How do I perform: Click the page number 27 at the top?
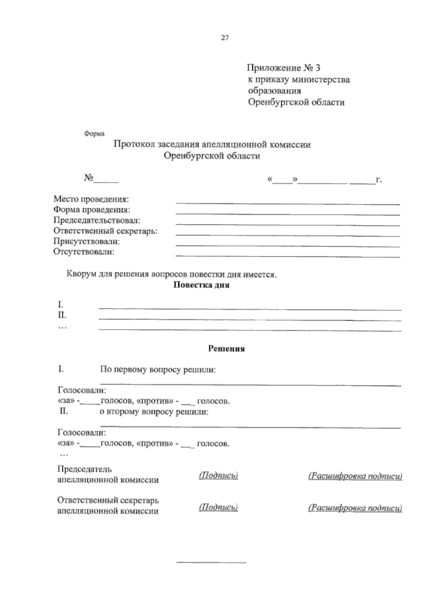[x=225, y=38]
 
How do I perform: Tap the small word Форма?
[x=94, y=134]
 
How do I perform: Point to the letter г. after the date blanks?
[x=379, y=180]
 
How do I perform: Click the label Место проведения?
[x=91, y=199]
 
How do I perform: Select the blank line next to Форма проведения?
[x=287, y=213]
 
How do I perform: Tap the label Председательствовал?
[x=97, y=220]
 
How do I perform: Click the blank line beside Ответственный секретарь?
[x=287, y=235]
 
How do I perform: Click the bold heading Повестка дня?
[x=202, y=285]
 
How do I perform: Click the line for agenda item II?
[x=250, y=319]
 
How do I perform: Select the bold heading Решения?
[x=226, y=349]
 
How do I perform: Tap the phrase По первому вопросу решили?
[x=158, y=370]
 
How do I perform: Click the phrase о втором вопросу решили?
[x=154, y=412]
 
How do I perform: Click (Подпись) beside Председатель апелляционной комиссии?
[x=218, y=476]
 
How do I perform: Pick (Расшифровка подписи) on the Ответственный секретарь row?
[x=355, y=508]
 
